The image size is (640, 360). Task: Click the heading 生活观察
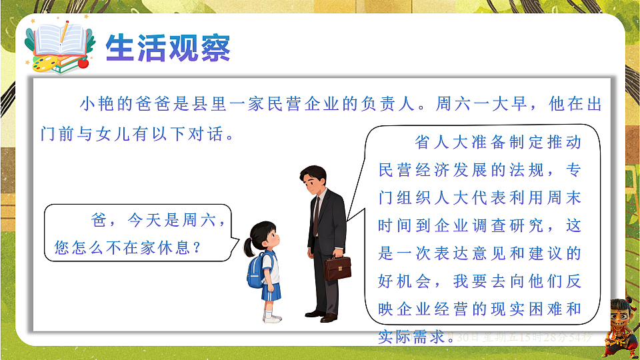tap(169, 48)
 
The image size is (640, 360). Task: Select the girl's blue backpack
tap(257, 269)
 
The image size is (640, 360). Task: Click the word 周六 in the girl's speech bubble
tap(201, 220)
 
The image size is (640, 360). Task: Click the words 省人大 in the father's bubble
tap(439, 142)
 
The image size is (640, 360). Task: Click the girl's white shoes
tap(271, 318)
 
